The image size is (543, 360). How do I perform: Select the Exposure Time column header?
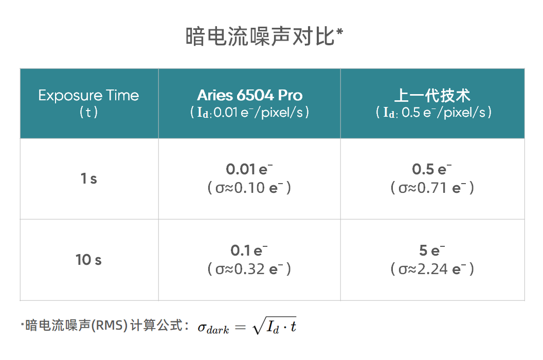pos(88,96)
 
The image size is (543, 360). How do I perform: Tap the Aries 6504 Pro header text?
pos(249,96)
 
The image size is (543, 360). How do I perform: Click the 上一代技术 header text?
pos(432,96)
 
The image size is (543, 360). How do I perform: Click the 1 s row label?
pos(88,179)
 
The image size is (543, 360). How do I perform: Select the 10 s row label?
pos(88,260)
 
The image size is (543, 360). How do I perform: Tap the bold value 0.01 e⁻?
pos(249,169)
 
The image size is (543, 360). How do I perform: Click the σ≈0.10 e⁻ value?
pos(249,188)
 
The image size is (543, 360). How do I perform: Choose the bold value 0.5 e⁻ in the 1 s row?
pos(432,169)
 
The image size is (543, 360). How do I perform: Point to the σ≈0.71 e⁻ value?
pos(432,188)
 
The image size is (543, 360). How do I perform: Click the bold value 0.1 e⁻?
pos(249,250)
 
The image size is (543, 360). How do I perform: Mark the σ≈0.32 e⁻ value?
pos(249,268)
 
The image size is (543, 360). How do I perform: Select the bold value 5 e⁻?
pos(432,250)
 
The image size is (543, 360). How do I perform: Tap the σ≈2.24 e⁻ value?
pos(432,268)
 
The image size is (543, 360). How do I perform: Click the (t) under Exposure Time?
pos(88,112)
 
